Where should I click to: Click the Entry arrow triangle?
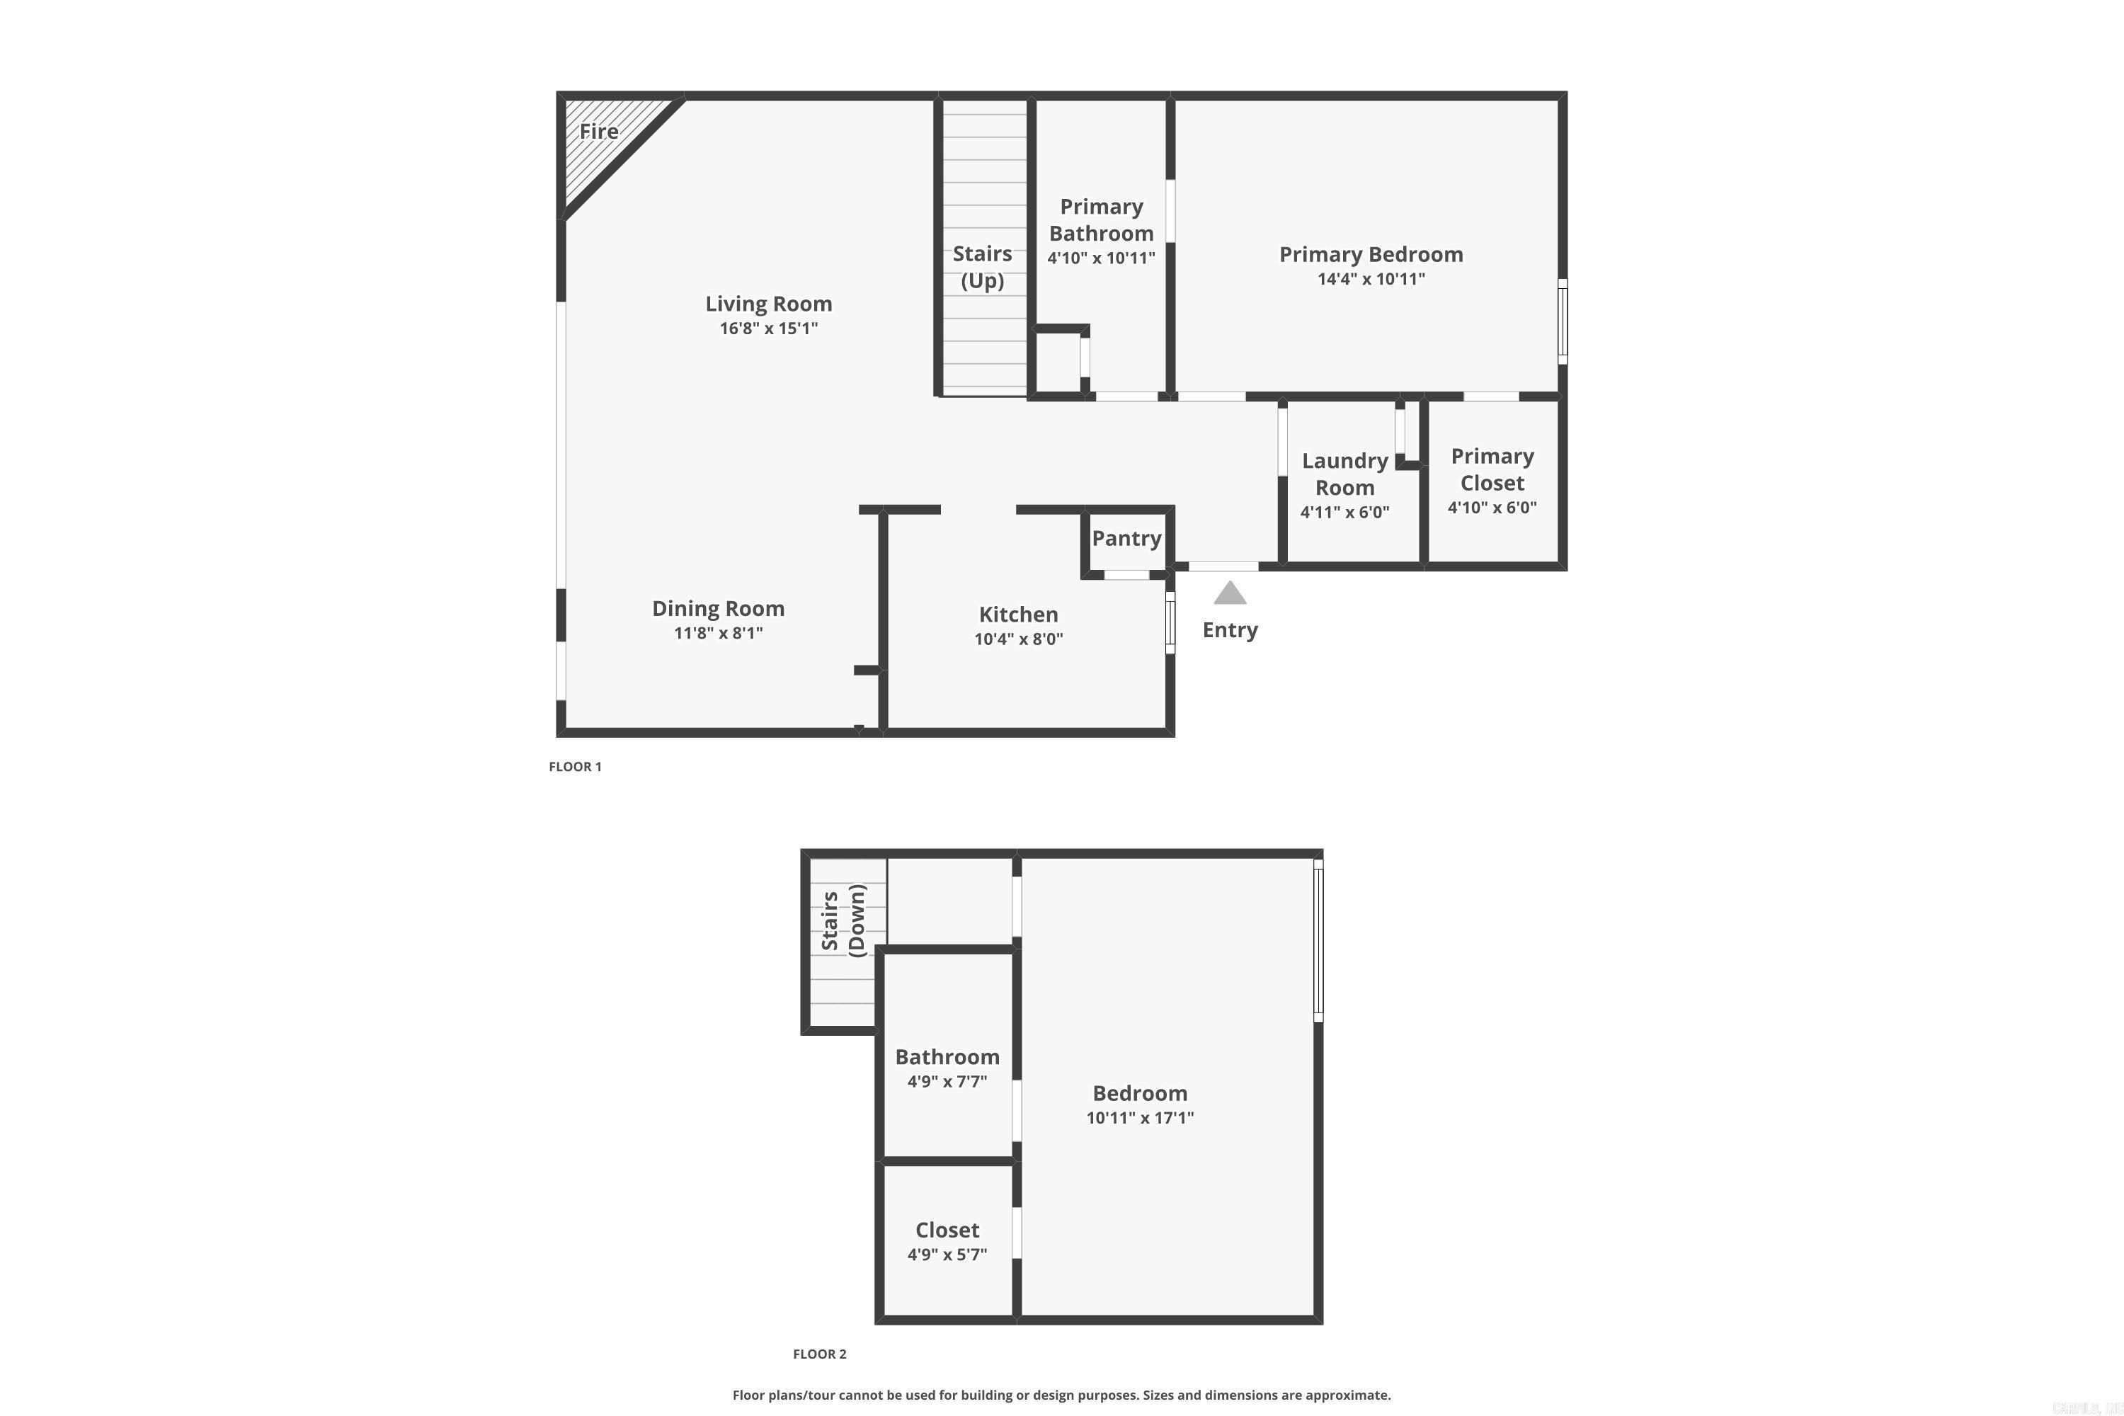click(x=1230, y=593)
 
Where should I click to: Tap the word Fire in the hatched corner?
click(x=599, y=132)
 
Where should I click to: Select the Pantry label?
click(x=1126, y=538)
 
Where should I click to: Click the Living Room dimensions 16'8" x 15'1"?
click(x=768, y=329)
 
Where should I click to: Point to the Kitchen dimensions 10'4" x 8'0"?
click(x=1019, y=639)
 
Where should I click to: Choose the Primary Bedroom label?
click(x=1371, y=255)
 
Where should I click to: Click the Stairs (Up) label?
click(x=983, y=268)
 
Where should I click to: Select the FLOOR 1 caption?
click(x=575, y=767)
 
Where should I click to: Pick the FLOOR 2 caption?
click(x=820, y=1354)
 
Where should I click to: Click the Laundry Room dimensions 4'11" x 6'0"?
click(x=1344, y=512)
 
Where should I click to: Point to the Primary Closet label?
click(x=1492, y=469)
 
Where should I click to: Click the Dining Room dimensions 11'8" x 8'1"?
click(x=718, y=633)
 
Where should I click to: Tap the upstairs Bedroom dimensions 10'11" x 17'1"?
click(x=1140, y=1118)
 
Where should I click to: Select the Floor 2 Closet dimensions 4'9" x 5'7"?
click(x=947, y=1255)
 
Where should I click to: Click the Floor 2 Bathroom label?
click(x=947, y=1056)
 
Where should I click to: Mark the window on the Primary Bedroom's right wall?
click(x=1563, y=321)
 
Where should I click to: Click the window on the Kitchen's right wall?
click(x=1170, y=622)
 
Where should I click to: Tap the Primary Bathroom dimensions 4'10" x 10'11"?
click(x=1101, y=258)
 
